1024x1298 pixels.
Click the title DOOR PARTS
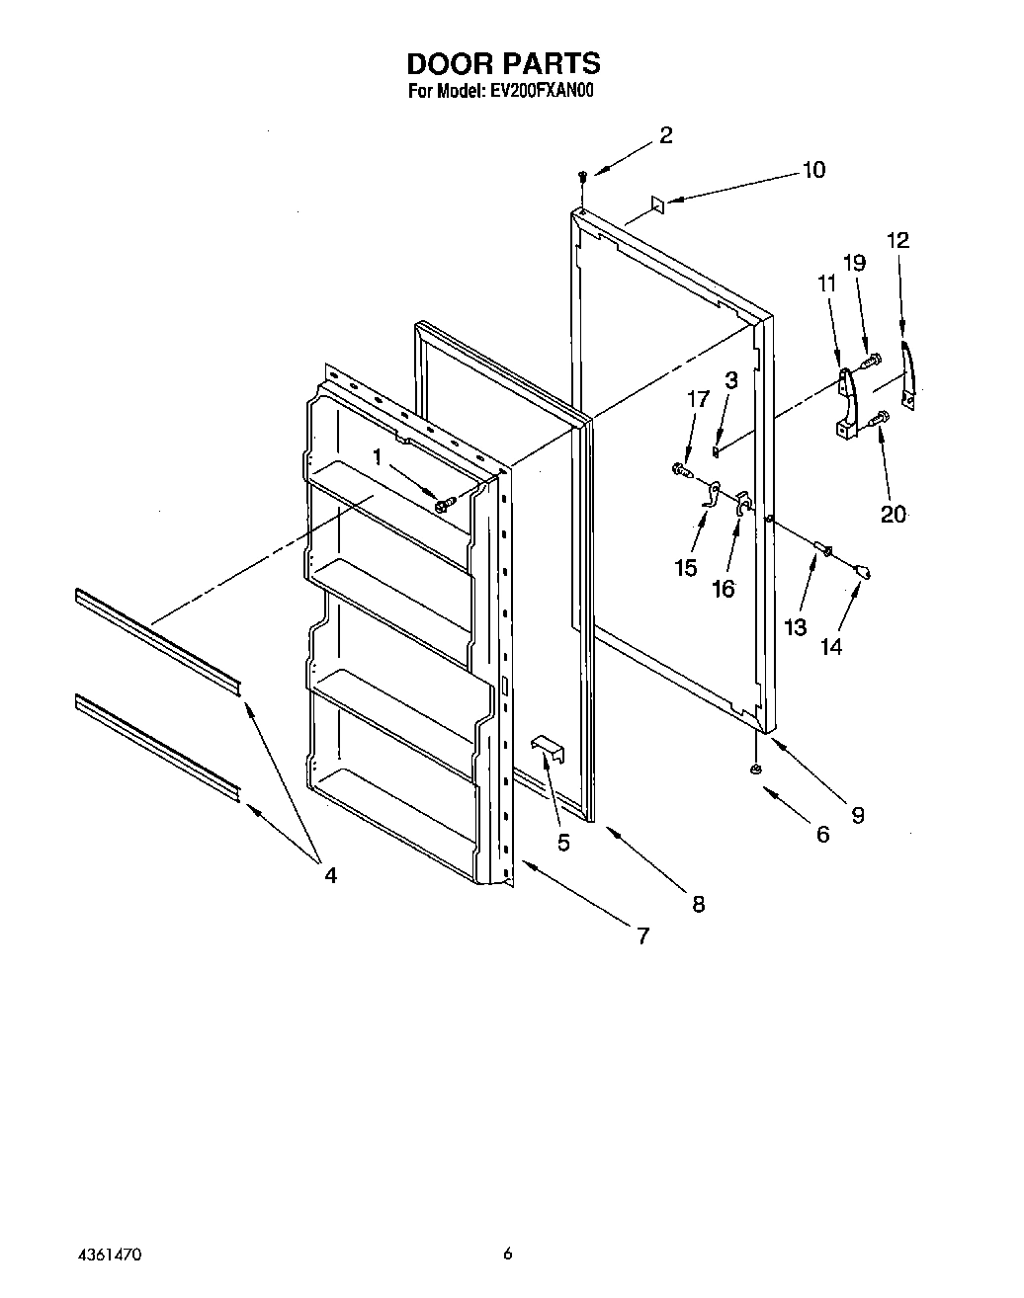pyautogui.click(x=503, y=64)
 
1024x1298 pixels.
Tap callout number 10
pyautogui.click(x=812, y=170)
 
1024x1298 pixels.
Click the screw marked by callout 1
pyautogui.click(x=442, y=504)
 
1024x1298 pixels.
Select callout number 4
pyautogui.click(x=329, y=874)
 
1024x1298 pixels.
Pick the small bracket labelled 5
pyautogui.click(x=546, y=749)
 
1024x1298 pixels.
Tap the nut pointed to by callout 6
pyautogui.click(x=756, y=769)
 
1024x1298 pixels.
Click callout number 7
pyautogui.click(x=642, y=935)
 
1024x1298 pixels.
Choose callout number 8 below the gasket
pyautogui.click(x=698, y=904)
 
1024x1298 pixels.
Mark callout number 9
pyautogui.click(x=857, y=815)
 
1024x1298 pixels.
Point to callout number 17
pyautogui.click(x=698, y=399)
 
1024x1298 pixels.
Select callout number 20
pyautogui.click(x=893, y=514)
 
